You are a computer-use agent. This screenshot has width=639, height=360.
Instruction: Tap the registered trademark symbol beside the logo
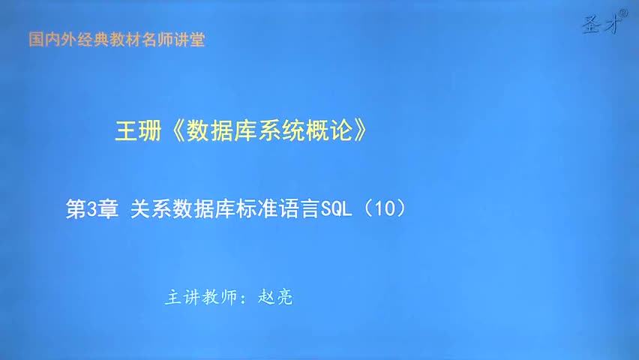[x=623, y=13]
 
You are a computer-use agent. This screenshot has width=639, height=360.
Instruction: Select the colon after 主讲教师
[x=244, y=298]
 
